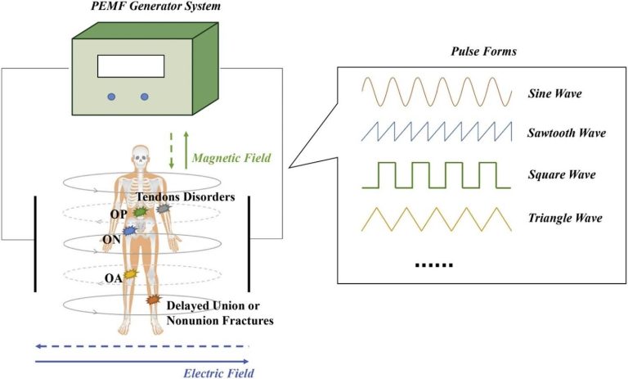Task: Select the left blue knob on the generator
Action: (111, 97)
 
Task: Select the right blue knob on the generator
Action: (146, 97)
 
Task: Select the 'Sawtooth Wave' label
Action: (563, 132)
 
